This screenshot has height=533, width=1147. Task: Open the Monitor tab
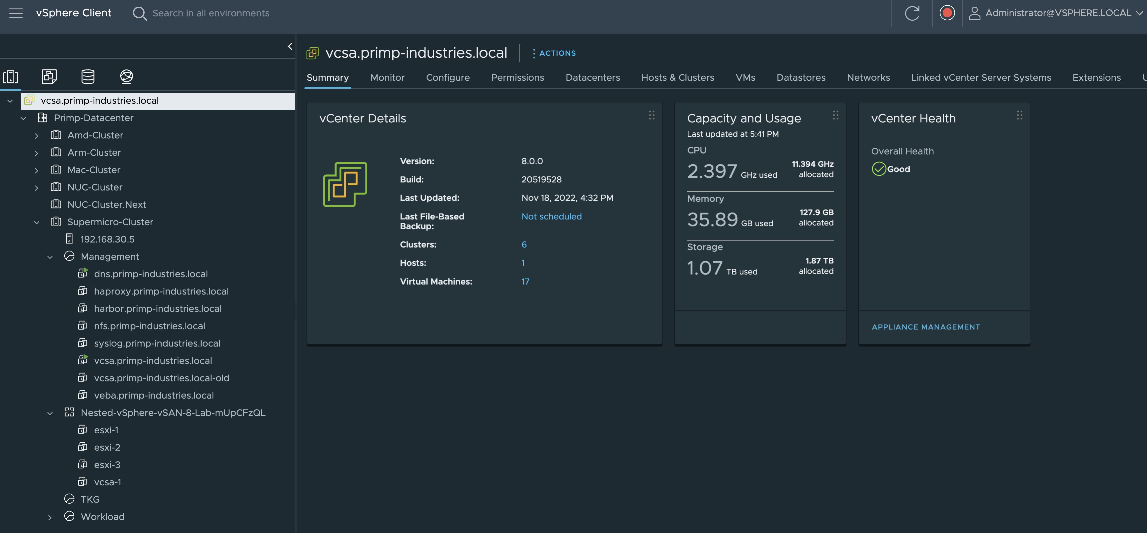tap(387, 77)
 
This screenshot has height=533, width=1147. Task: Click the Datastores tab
tap(800, 77)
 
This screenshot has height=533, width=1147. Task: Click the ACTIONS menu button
tap(555, 53)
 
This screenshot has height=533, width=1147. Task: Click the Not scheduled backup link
tap(551, 216)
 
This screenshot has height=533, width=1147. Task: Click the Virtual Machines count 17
tap(525, 282)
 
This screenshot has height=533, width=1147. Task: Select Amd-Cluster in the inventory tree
tap(95, 135)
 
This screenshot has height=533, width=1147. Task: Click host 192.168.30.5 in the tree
tap(107, 239)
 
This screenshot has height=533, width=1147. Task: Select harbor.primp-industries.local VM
tap(157, 309)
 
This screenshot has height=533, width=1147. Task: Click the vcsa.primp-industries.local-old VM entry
tap(161, 378)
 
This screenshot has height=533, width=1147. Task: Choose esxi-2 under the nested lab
tap(107, 447)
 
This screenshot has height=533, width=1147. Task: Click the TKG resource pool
tap(90, 499)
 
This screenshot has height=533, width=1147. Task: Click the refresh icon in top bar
tap(911, 13)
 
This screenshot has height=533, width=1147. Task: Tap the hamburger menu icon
tap(16, 13)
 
